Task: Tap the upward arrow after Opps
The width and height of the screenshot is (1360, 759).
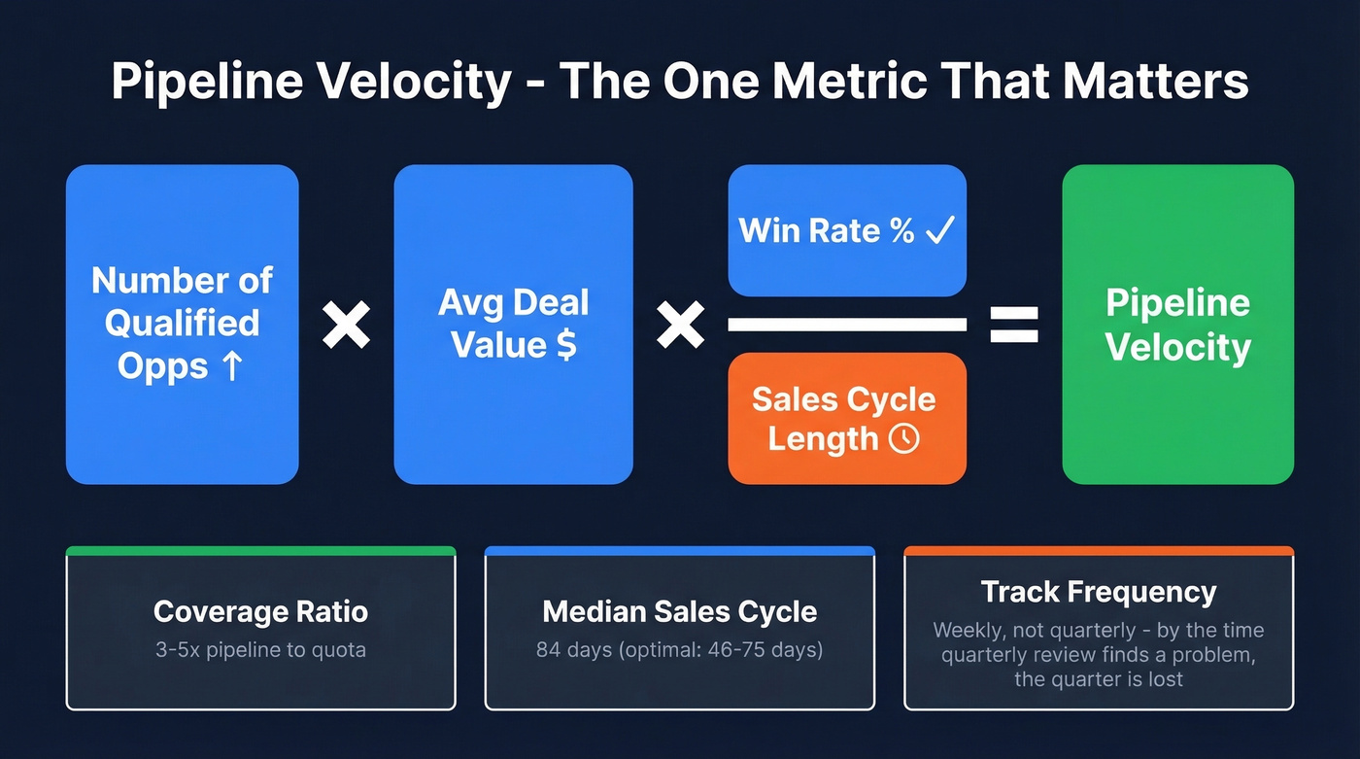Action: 231,367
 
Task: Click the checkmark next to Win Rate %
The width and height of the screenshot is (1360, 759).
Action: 941,230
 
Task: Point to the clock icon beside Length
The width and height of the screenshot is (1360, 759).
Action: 903,438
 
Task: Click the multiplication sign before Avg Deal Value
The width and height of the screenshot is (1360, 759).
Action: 346,325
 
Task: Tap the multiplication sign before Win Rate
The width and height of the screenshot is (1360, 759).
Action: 680,325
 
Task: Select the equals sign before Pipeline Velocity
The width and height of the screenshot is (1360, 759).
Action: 1013,325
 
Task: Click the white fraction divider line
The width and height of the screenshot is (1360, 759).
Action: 846,325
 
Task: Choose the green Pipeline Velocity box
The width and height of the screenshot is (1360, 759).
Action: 1177,325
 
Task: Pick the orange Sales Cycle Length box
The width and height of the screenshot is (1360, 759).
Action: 846,418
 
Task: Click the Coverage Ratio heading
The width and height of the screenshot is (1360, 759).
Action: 260,612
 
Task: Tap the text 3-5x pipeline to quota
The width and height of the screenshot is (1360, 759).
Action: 260,649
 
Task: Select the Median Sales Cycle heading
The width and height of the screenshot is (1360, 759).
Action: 679,612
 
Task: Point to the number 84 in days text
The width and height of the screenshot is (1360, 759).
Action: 548,649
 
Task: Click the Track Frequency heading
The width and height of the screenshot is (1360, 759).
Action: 1098,592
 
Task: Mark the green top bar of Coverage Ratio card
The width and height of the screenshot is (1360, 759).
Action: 260,551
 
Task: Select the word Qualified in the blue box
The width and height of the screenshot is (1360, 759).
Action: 183,324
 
